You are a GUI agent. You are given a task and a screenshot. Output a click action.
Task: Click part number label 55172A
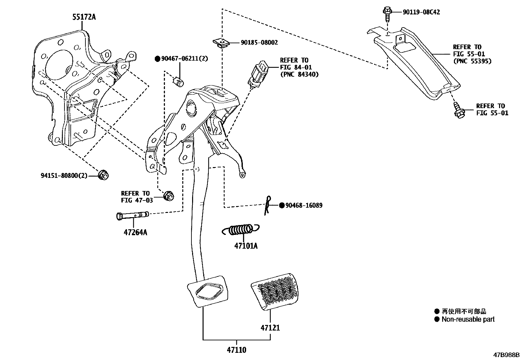[84, 17]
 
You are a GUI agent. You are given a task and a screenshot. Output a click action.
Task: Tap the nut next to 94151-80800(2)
[103, 175]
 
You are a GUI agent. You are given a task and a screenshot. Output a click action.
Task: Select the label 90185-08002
[259, 43]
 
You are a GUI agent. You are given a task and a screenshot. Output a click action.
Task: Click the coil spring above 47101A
[241, 230]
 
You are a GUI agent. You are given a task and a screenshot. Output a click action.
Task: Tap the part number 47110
[236, 350]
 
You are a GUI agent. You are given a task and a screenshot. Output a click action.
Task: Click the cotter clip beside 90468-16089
[268, 206]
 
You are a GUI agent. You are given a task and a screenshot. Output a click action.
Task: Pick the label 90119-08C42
[421, 12]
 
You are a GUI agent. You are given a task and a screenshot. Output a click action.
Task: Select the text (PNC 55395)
[472, 61]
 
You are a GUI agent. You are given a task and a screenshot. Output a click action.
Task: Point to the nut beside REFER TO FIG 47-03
[169, 196]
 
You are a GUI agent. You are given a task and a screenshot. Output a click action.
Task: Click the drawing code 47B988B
[507, 355]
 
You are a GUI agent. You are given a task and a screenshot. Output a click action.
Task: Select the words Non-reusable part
[468, 319]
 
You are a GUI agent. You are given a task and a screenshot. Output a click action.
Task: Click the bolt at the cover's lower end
[457, 110]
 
